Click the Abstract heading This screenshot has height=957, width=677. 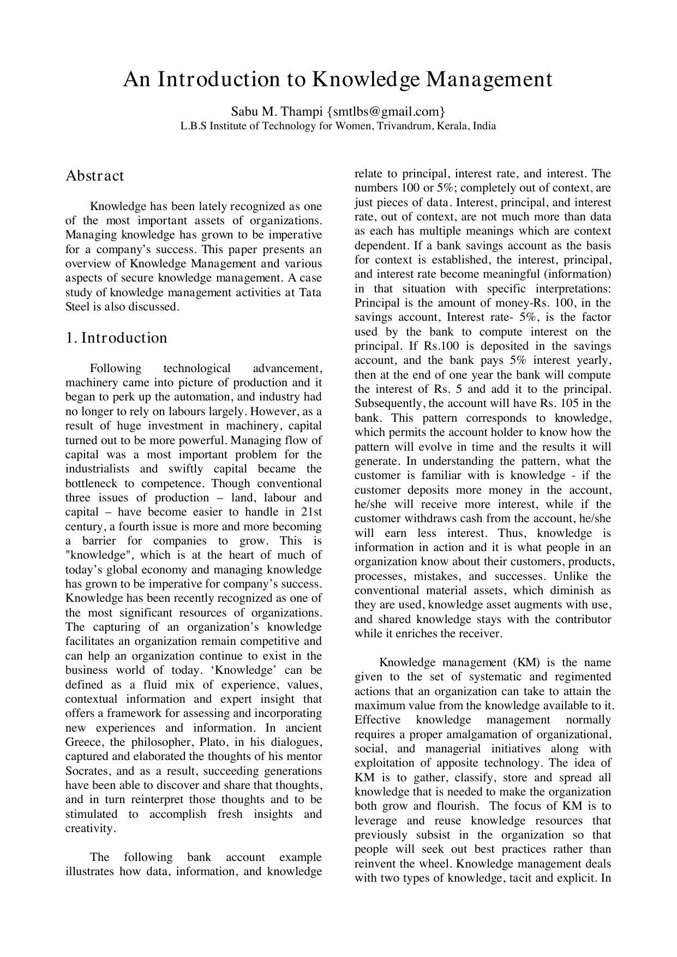click(x=95, y=176)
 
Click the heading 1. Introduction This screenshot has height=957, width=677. click(x=116, y=338)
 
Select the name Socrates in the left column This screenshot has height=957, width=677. click(x=87, y=771)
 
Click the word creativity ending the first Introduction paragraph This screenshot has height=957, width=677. click(x=90, y=828)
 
